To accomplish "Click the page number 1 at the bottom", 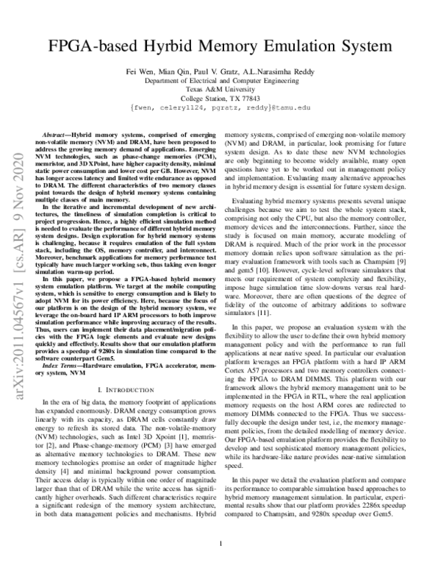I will coord(220,545).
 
